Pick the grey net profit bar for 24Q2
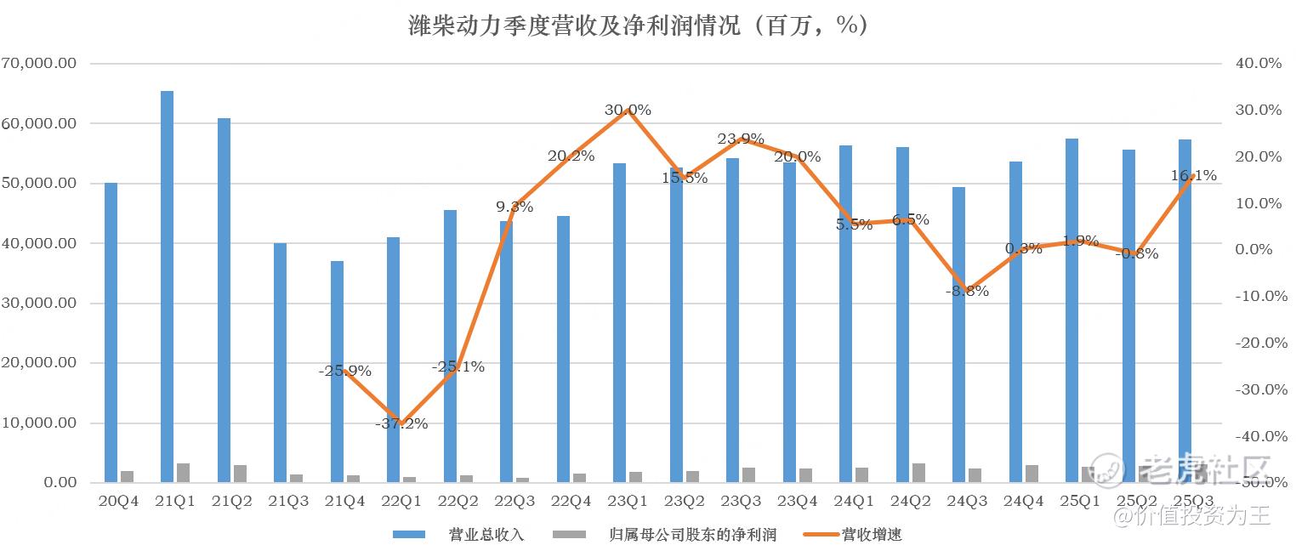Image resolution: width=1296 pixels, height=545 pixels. (918, 473)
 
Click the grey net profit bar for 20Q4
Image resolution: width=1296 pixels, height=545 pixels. (127, 476)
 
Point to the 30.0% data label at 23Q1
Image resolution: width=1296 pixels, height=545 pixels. (628, 110)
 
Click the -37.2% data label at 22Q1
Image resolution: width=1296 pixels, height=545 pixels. (401, 423)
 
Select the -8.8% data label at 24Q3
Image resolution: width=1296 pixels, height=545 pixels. (967, 291)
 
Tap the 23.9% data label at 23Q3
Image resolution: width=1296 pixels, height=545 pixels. (741, 139)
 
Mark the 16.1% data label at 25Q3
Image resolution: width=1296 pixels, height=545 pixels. (1193, 176)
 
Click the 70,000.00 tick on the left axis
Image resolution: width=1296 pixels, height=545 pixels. (40, 64)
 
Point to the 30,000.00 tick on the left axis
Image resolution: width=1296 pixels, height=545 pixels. (40, 304)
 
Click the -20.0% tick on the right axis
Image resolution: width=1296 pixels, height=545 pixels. (1257, 343)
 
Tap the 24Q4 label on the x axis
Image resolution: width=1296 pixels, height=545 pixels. (1023, 501)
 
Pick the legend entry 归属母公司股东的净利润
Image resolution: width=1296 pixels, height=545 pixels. (693, 535)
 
